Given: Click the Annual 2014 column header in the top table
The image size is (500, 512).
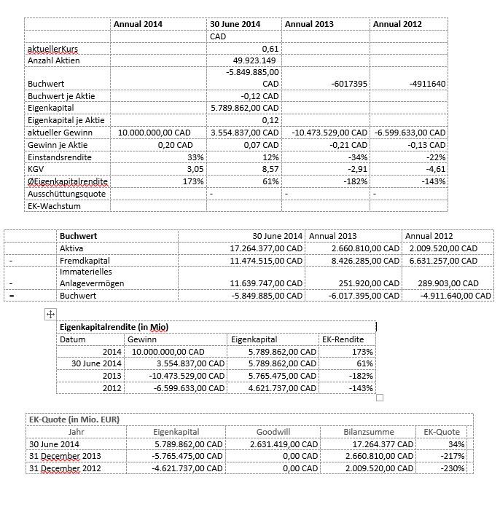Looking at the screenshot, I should [138, 24].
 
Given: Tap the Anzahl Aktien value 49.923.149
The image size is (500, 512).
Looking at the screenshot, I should [254, 60].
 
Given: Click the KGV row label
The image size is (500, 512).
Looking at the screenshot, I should [35, 168].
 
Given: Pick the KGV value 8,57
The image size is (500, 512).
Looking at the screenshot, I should [270, 168].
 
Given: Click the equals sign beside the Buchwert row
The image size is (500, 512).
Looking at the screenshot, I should [11, 295].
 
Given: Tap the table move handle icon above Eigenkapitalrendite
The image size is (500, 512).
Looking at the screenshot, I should [50, 314].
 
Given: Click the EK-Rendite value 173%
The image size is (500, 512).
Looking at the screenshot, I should [362, 352].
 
